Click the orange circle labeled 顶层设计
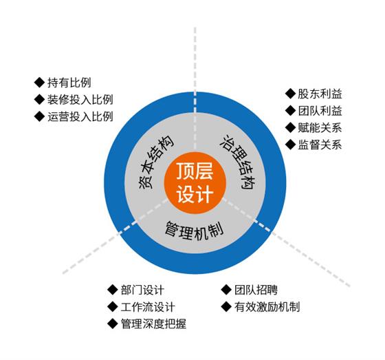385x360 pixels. click(195, 183)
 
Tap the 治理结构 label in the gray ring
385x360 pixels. click(238, 162)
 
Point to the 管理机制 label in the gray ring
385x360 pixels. click(194, 230)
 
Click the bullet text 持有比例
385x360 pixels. click(69, 83)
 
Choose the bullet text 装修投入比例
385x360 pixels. click(80, 100)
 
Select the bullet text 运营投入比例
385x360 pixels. click(80, 116)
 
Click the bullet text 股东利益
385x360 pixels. click(320, 94)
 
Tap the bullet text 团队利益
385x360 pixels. click(320, 111)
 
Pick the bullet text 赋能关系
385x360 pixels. click(320, 127)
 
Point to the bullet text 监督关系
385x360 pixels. click(320, 145)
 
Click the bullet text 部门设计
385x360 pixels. click(142, 290)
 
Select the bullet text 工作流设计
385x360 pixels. click(148, 307)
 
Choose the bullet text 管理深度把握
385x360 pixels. click(153, 324)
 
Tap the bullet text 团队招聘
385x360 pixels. click(256, 290)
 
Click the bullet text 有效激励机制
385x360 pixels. click(267, 307)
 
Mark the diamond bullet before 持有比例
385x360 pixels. click(39, 83)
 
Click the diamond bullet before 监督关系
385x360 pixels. click(290, 145)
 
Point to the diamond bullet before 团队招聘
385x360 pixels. click(226, 290)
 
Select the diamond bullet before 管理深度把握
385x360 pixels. click(113, 324)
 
